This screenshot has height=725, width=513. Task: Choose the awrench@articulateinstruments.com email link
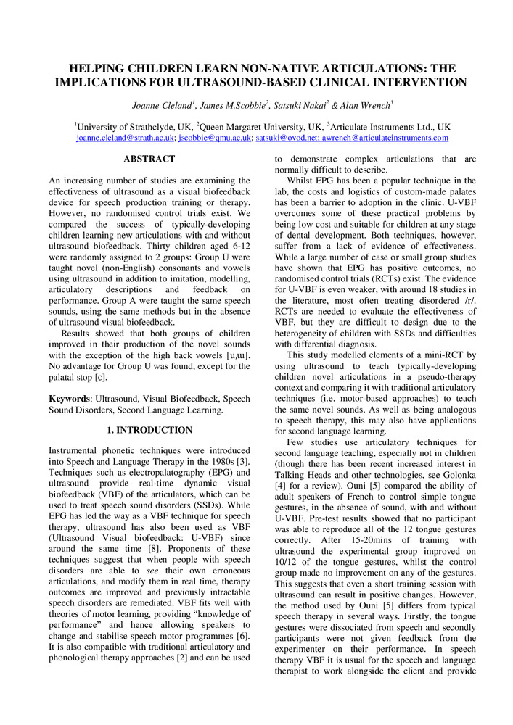coord(384,138)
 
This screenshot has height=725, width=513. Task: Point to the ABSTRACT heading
coord(149,159)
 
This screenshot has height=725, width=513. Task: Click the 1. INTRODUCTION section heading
coord(149,430)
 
